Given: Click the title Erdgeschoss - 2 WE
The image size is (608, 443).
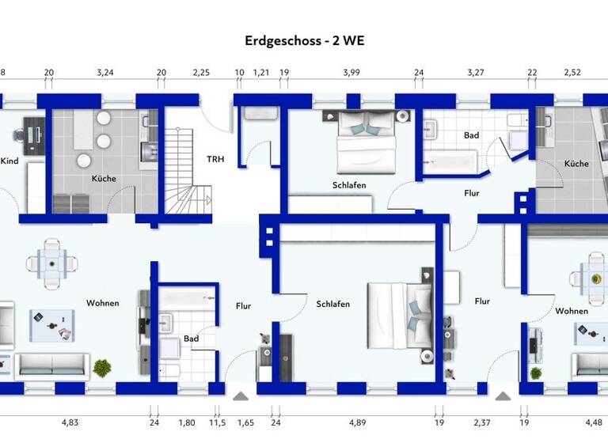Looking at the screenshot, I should (303, 40).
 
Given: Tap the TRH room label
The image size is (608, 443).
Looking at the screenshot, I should (215, 159).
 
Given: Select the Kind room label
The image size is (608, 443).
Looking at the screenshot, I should (9, 161).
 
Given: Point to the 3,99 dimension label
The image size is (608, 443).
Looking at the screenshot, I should (351, 73).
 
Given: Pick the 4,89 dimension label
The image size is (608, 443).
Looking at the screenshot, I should (359, 422).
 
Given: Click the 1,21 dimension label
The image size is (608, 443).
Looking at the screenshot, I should (261, 73).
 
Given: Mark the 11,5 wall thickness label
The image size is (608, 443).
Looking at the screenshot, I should (216, 422).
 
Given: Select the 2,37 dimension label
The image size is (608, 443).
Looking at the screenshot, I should (481, 422).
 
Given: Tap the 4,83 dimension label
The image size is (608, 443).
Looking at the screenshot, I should (72, 422).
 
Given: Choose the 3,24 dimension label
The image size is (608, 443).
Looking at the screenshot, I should (105, 73).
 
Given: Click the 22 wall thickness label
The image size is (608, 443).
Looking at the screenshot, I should (533, 73).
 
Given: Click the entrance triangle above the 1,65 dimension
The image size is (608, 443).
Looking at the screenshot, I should (241, 393).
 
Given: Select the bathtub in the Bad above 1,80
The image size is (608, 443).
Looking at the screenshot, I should (188, 297).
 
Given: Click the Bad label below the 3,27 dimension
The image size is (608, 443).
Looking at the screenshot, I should (472, 135).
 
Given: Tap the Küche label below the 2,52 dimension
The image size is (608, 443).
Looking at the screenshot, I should (576, 164).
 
